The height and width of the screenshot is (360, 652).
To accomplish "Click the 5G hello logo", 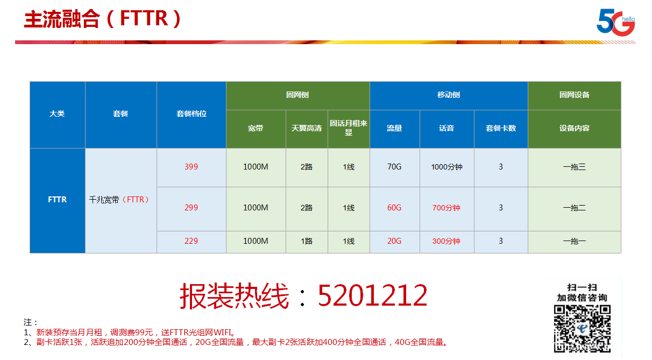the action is point(615,22).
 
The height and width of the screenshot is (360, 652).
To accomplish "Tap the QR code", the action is point(582,329).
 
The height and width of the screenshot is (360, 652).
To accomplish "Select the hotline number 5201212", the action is point(372,295).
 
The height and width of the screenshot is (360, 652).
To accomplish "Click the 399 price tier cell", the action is point(191,167).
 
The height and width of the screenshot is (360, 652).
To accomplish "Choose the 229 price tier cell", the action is point(191,242).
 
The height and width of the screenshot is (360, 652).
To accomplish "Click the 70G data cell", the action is point(394,167).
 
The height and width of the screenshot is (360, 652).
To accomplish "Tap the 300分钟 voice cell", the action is point(447,242).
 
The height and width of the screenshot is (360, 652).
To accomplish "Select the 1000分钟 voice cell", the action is point(447,167).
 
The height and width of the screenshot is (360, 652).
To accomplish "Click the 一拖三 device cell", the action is point(575,167).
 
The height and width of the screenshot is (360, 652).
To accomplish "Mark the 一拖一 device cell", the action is point(575,242).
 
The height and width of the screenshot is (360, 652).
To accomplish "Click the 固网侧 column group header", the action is point(297,95).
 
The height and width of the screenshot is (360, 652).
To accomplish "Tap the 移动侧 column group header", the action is point(449,95).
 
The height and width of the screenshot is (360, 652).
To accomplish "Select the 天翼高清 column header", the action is point(307,129).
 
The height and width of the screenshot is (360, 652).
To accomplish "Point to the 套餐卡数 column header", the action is point(501,129).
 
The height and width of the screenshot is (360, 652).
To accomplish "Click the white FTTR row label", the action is point(58,200).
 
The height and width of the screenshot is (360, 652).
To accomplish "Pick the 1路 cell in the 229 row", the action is point(307,242).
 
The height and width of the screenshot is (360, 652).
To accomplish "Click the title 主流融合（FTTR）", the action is point(102,19).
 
